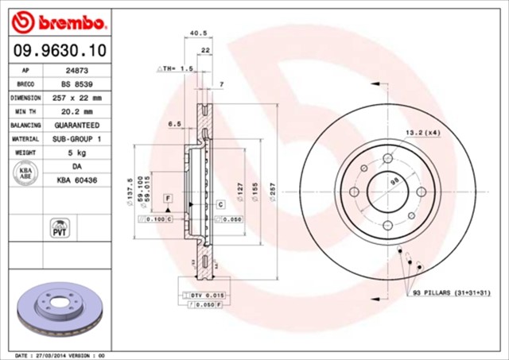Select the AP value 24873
click(x=76, y=70)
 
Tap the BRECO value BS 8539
click(x=76, y=83)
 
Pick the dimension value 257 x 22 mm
click(x=76, y=98)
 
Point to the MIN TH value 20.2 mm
click(x=76, y=111)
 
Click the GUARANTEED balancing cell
click(x=76, y=126)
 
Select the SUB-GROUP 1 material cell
click(x=76, y=139)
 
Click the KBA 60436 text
click(x=76, y=181)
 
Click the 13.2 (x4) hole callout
click(x=423, y=132)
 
